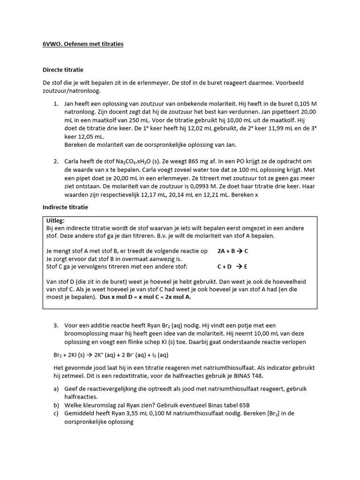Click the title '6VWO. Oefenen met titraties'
coord(83,44)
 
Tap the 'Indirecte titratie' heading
coord(65,207)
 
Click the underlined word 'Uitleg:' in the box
coord(56,220)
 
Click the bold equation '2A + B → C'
coord(233,251)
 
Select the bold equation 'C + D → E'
coord(232,266)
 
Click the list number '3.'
coord(55,325)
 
